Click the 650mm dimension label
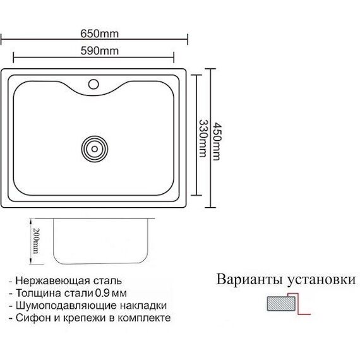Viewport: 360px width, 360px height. click(100, 34)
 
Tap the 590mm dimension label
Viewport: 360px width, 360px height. click(100, 51)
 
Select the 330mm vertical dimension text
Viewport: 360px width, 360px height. click(203, 138)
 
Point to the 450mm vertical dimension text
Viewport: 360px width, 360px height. click(217, 141)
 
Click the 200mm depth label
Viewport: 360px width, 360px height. click(36, 241)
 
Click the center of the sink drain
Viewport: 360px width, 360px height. click(95, 149)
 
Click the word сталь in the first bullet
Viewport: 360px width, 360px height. click(107, 281)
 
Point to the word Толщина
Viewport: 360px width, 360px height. click(39, 293)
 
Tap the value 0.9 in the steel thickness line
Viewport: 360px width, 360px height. click(102, 293)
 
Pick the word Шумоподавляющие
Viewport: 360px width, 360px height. click(66, 306)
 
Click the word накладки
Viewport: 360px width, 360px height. click(143, 306)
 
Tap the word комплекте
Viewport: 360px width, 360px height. click(144, 318)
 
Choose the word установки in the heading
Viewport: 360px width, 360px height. click(321, 280)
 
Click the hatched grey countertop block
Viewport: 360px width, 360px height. click(281, 304)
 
